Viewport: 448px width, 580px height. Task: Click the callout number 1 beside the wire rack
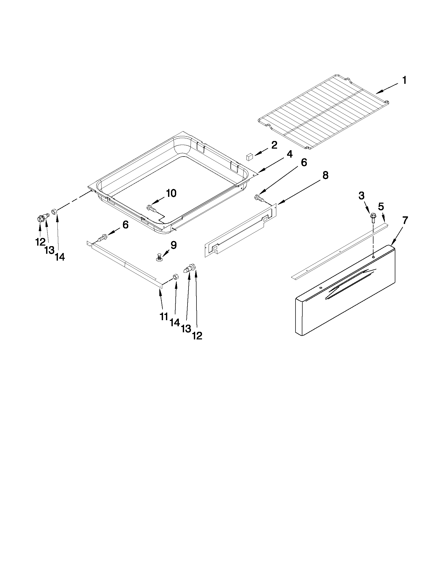(404, 80)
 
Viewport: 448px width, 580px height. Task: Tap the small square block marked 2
(249, 157)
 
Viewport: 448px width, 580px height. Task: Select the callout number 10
(171, 193)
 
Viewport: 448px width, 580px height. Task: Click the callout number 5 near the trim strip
(381, 206)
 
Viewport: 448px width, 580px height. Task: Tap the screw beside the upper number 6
(258, 197)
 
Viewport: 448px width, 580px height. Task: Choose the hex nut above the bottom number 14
(176, 276)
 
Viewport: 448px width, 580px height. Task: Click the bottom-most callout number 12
(197, 336)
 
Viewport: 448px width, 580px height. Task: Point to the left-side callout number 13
(49, 250)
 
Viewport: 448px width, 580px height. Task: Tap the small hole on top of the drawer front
(373, 257)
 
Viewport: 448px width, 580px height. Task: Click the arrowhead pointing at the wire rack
(378, 92)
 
